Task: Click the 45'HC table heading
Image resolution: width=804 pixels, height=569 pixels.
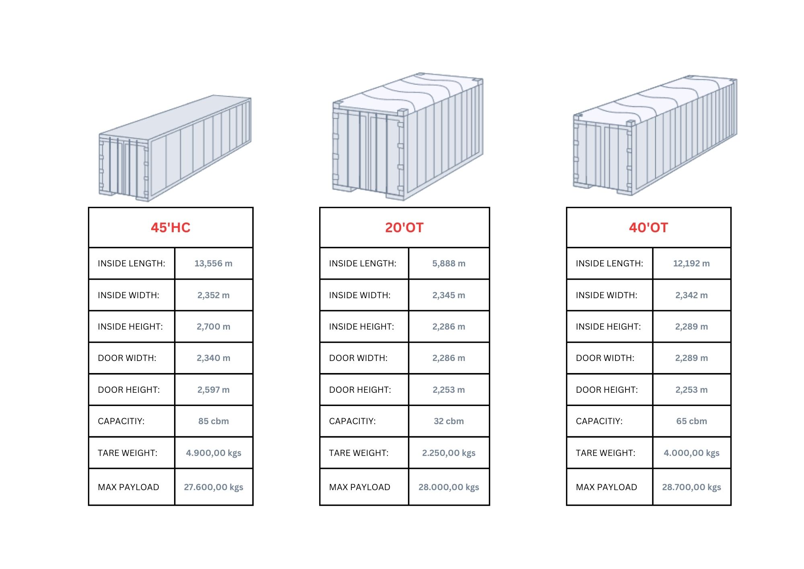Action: point(170,227)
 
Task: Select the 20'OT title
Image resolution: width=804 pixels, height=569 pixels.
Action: point(404,227)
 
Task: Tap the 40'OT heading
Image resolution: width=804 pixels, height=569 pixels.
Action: point(648,227)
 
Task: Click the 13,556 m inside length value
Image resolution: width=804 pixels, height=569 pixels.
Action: point(213,264)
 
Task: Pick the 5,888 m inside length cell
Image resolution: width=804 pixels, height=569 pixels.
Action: point(449,264)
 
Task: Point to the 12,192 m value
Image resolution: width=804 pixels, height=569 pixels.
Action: point(691,264)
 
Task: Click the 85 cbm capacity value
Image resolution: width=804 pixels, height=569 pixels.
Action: point(213,421)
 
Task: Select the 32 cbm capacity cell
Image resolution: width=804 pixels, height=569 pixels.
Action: point(449,421)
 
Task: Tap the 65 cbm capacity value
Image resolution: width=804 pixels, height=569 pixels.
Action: point(691,421)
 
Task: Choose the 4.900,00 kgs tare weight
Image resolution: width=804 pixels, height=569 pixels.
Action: point(213,453)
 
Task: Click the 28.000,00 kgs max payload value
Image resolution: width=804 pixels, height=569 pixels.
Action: point(449,487)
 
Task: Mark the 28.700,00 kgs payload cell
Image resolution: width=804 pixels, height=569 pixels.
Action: point(691,487)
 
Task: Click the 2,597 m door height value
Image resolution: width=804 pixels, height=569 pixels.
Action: point(213,390)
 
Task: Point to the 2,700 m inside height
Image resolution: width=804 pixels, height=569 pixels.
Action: point(213,327)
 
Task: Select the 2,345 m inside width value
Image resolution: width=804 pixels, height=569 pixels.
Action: point(449,295)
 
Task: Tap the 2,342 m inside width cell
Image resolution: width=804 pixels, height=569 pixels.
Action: point(691,295)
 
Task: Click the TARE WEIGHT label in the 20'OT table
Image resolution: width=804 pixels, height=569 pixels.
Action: point(359,453)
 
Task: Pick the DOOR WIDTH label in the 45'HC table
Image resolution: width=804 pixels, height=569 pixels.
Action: point(127,358)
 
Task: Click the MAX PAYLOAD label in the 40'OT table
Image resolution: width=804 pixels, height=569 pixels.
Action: point(606,487)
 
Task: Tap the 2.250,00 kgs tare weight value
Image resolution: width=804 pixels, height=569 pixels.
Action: point(449,453)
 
